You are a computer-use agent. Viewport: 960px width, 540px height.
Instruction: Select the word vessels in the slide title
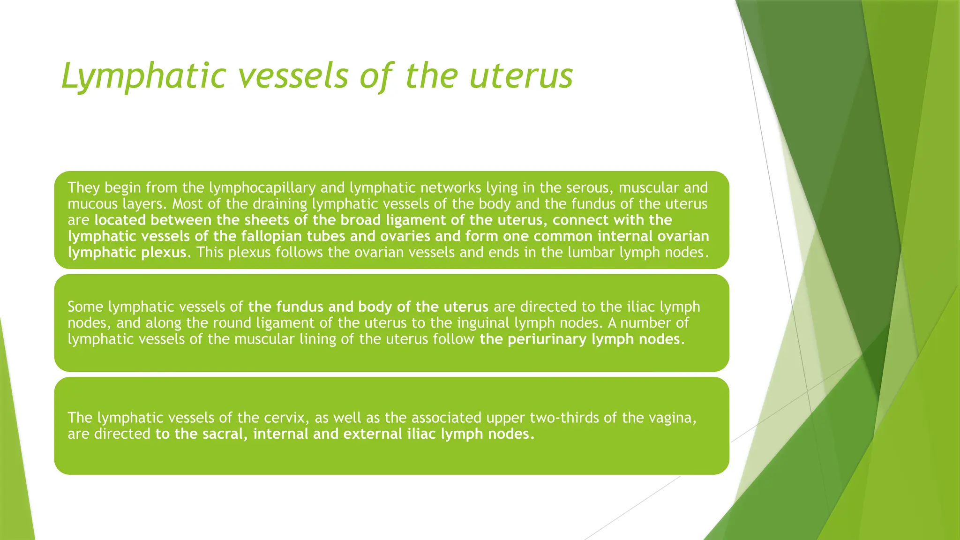click(293, 76)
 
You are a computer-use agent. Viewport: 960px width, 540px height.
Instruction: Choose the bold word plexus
click(163, 253)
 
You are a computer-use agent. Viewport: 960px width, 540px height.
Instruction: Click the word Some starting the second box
click(86, 307)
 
